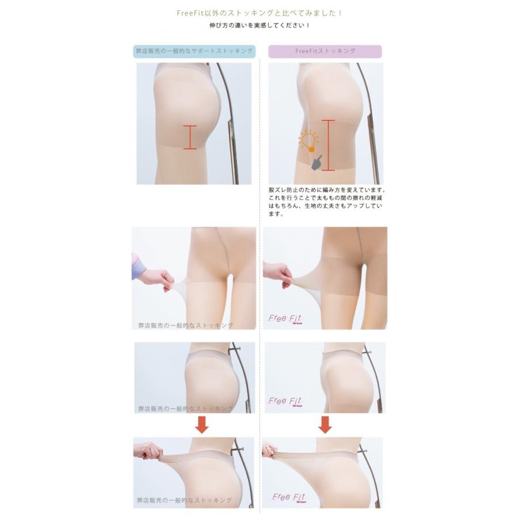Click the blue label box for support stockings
pyautogui.click(x=193, y=51)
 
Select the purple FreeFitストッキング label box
pyautogui.click(x=325, y=51)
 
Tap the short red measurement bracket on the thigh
pyautogui.click(x=190, y=137)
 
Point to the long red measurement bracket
pyautogui.click(x=328, y=145)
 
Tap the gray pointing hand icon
pyautogui.click(x=317, y=163)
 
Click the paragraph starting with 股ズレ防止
pyautogui.click(x=326, y=201)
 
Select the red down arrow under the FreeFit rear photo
pyautogui.click(x=325, y=425)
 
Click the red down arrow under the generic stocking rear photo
pyautogui.click(x=201, y=425)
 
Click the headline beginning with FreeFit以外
pyautogui.click(x=258, y=13)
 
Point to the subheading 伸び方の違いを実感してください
pyautogui.click(x=259, y=26)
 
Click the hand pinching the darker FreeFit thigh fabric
pyautogui.click(x=277, y=273)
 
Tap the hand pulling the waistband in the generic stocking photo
pyautogui.click(x=147, y=450)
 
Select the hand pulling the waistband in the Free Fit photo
pyautogui.click(x=269, y=450)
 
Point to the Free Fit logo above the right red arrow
pyautogui.click(x=285, y=401)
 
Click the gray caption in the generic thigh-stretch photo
pyautogui.click(x=185, y=325)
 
